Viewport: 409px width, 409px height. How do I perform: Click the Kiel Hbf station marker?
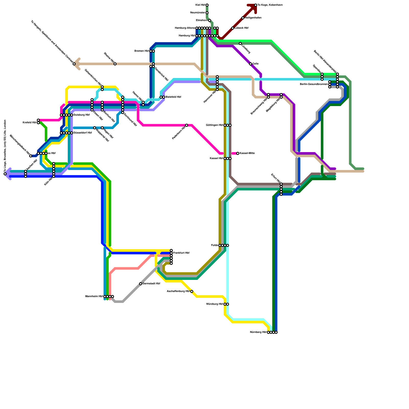[207, 5]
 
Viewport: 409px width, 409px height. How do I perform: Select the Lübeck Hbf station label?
[241, 28]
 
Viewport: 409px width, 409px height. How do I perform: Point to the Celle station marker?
[251, 64]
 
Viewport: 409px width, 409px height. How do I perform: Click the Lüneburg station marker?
[240, 43]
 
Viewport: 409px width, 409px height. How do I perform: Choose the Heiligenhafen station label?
[253, 18]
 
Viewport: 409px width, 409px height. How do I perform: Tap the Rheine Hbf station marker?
[115, 64]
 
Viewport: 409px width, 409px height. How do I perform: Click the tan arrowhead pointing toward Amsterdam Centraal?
[77, 64]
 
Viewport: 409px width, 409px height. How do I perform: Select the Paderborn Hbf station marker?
[187, 125]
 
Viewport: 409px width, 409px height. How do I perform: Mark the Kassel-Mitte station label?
[247, 153]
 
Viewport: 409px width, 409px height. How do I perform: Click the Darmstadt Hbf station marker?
[141, 284]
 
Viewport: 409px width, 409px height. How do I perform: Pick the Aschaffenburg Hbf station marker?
[192, 291]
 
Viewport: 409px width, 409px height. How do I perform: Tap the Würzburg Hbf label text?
[214, 304]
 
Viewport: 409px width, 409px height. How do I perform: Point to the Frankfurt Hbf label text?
[181, 253]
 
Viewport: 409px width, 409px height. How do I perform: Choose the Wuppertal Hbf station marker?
[95, 128]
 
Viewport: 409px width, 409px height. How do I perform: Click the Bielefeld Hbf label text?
[173, 97]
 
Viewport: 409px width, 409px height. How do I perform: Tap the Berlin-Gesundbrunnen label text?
[314, 84]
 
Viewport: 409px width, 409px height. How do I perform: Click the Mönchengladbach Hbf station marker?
[31, 156]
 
